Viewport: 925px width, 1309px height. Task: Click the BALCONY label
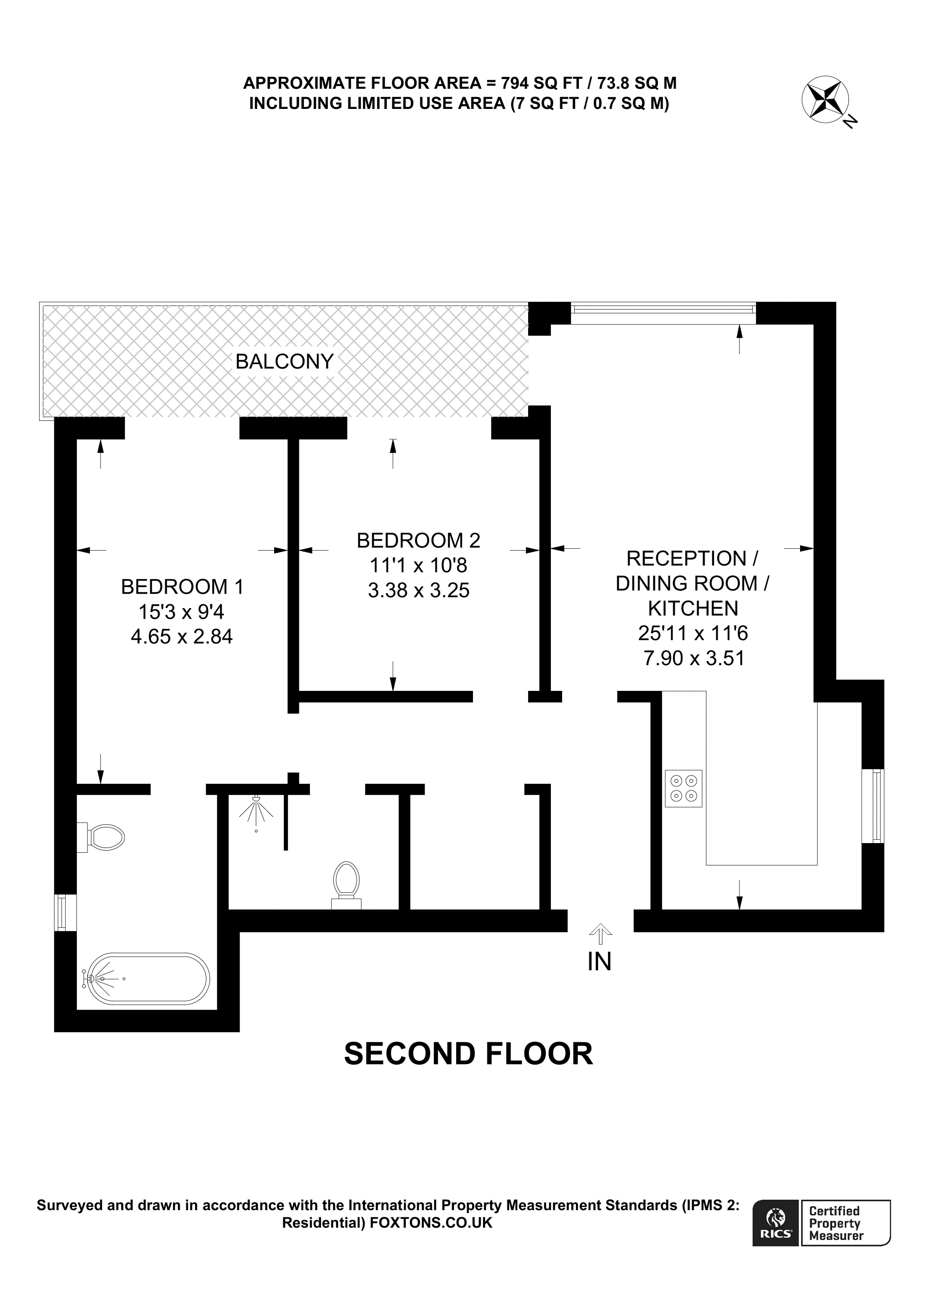click(x=284, y=362)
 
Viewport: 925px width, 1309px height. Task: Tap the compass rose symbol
click(x=825, y=99)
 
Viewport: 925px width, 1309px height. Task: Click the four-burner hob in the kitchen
click(x=683, y=788)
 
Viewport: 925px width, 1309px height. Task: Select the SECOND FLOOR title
click(x=468, y=1054)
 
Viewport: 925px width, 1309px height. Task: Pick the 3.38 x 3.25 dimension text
click(x=418, y=590)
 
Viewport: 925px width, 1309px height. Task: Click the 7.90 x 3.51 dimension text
click(x=694, y=658)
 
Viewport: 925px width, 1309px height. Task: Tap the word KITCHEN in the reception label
click(x=692, y=608)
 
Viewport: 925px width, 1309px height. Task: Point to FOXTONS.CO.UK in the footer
click(x=431, y=1222)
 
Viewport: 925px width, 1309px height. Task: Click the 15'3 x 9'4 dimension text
click(x=181, y=612)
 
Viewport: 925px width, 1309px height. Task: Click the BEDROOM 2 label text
click(x=418, y=540)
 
